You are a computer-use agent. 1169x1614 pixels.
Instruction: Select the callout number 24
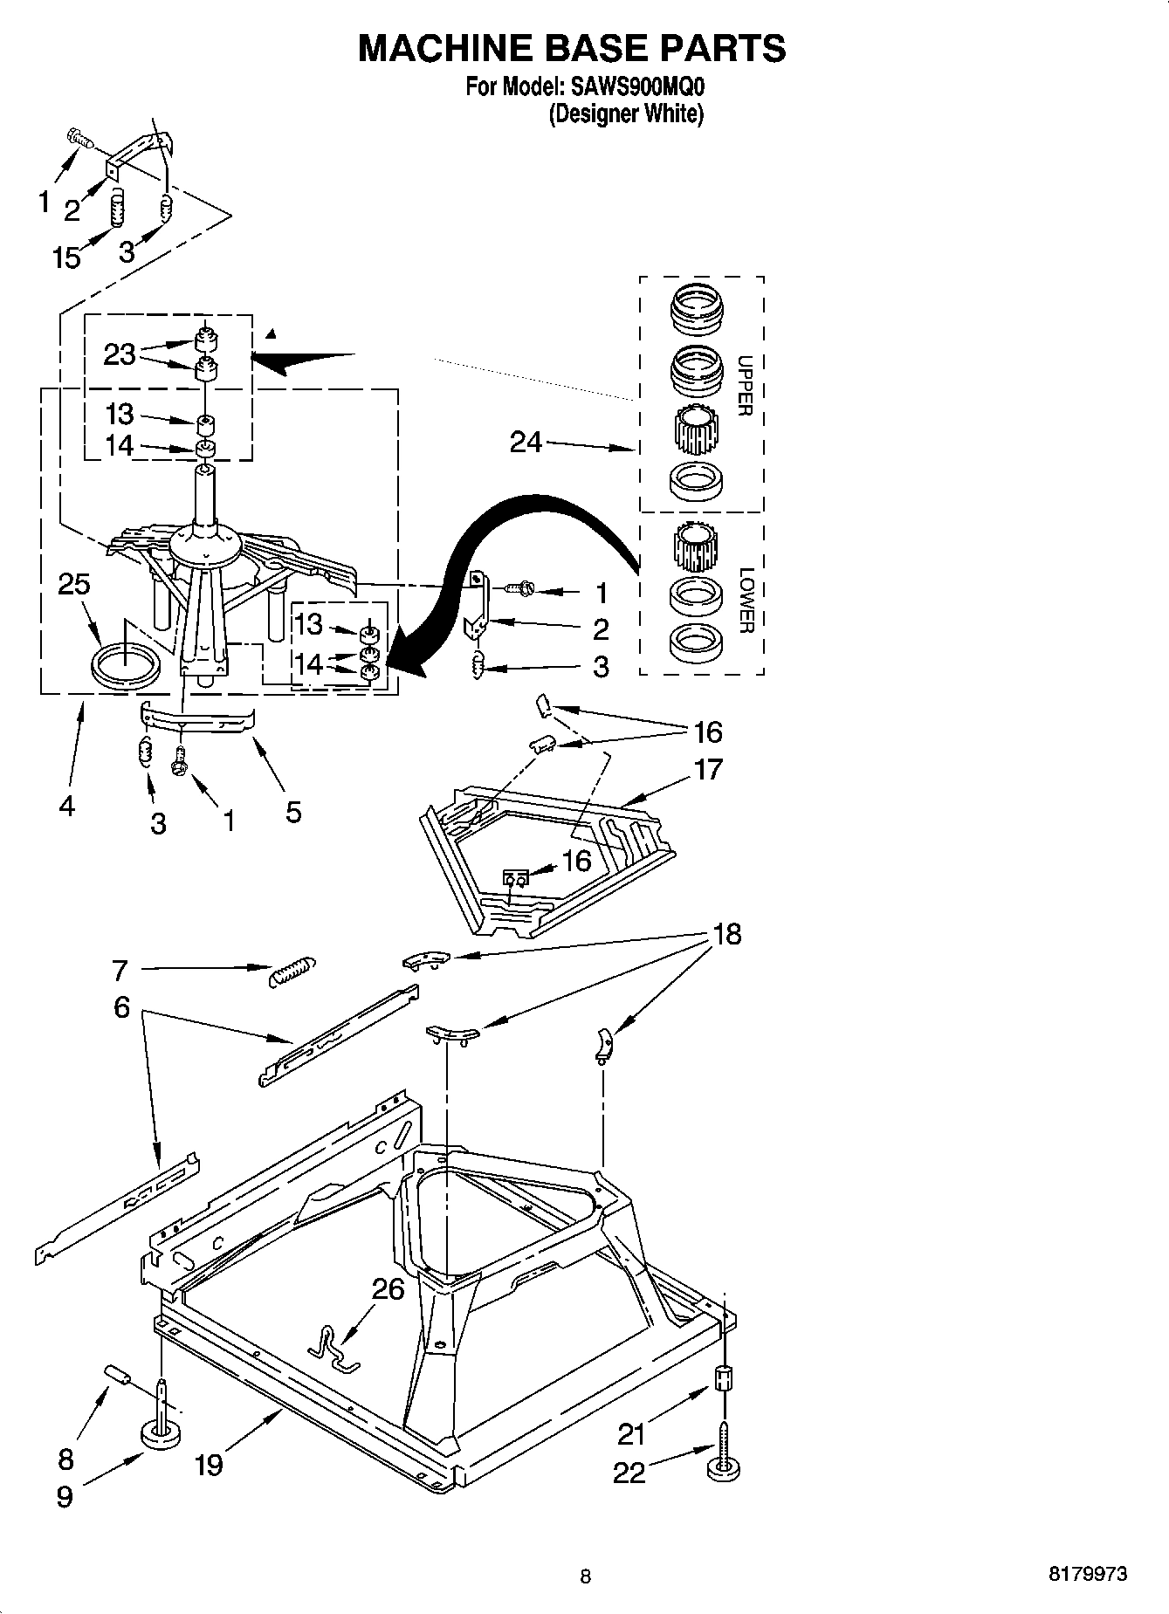point(526,443)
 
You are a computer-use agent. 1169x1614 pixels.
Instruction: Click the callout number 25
point(74,584)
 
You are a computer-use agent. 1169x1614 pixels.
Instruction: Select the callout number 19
point(209,1464)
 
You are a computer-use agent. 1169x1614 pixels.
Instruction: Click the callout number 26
point(389,1288)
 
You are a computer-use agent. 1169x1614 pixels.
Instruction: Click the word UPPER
point(744,386)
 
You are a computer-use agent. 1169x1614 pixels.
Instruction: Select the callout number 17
point(708,769)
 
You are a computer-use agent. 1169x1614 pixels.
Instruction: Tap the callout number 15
point(66,258)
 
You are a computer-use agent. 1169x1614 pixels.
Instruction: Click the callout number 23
point(120,354)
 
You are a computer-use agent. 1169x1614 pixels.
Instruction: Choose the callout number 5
point(293,812)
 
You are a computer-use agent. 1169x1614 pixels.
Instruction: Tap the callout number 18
point(726,934)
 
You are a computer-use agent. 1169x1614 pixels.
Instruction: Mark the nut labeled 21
point(723,1378)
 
